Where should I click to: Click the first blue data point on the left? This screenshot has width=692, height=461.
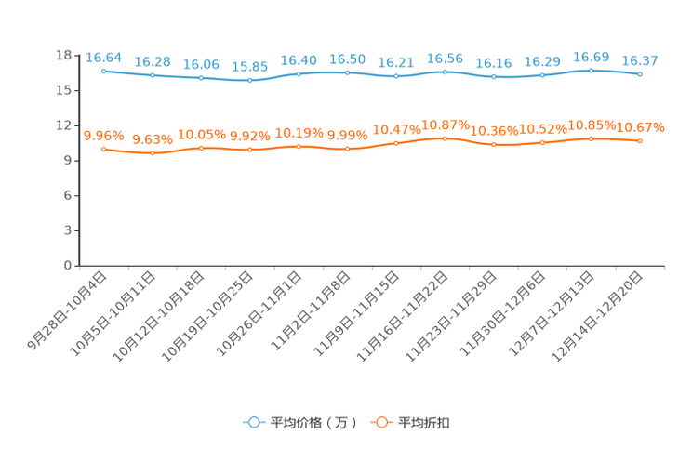(x=103, y=71)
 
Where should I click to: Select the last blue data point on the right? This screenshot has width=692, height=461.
(x=640, y=74)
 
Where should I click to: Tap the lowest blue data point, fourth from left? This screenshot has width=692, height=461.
(x=249, y=81)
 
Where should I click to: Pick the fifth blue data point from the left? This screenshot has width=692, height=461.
(x=299, y=72)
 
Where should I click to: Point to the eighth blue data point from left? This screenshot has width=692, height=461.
(x=446, y=72)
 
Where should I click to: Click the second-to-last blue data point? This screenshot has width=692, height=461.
(x=592, y=71)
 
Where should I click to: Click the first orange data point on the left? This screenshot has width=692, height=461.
(x=103, y=149)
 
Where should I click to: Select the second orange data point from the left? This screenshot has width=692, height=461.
(x=153, y=152)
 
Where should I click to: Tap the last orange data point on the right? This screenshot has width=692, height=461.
(x=640, y=140)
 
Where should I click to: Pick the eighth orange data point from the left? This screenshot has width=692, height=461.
(x=446, y=138)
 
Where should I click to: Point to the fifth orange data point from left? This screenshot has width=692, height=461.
(x=299, y=146)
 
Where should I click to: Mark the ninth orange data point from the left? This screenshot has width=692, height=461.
(x=494, y=145)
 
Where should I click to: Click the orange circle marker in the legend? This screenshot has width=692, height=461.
(x=380, y=422)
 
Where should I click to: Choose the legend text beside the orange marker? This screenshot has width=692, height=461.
(x=424, y=423)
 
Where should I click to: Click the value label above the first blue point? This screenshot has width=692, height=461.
(x=103, y=58)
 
